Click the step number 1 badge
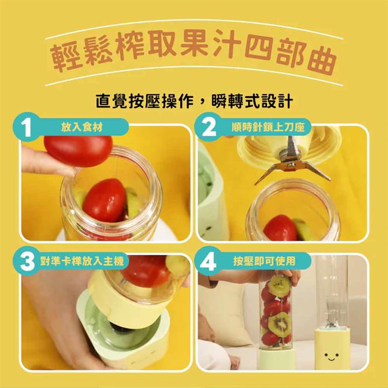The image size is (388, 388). [x=26, y=127]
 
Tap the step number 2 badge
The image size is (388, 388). [x=209, y=127]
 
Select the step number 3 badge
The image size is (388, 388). [x=27, y=261]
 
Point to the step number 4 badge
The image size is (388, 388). [x=208, y=261]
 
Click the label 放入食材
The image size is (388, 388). [x=82, y=127]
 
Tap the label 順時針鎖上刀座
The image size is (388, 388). [x=268, y=127]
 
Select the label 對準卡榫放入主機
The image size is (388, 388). [x=82, y=261]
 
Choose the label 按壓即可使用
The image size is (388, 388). [x=264, y=261]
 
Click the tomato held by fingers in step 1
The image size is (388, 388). [x=78, y=150]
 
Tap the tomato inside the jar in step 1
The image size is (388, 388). [x=104, y=201]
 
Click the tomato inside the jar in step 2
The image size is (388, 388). [x=280, y=228]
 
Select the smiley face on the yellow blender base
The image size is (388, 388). [x=331, y=356]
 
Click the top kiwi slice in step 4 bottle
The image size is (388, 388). [x=279, y=286]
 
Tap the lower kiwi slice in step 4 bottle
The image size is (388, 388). [x=280, y=324]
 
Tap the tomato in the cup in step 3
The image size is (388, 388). [x=146, y=271]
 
